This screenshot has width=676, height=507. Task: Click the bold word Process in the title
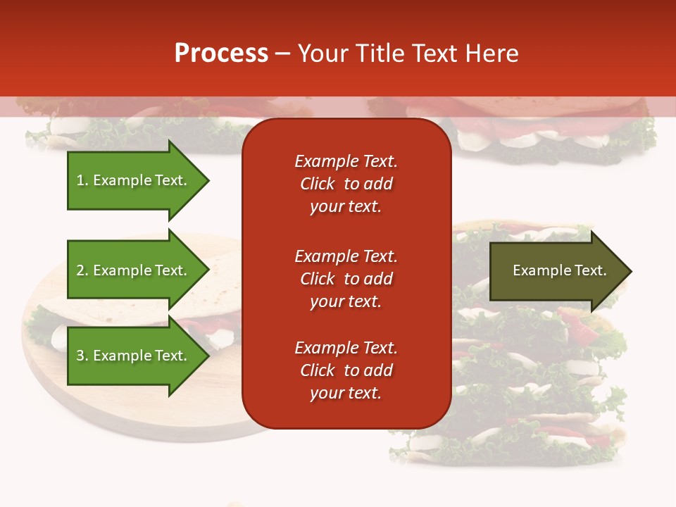pyautogui.click(x=221, y=54)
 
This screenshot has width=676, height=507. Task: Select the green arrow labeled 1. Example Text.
pyautogui.click(x=134, y=180)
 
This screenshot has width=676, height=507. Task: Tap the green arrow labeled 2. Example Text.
pyautogui.click(x=134, y=270)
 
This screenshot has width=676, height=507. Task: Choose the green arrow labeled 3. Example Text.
pyautogui.click(x=134, y=356)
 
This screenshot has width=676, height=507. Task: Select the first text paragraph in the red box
pyautogui.click(x=346, y=184)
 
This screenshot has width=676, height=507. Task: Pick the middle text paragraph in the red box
pyautogui.click(x=346, y=279)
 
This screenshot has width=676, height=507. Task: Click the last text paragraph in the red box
pyautogui.click(x=346, y=370)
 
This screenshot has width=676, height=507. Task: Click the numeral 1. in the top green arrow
pyautogui.click(x=82, y=180)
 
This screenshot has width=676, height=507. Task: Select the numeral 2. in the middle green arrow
pyautogui.click(x=82, y=270)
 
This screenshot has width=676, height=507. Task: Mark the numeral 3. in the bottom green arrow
pyautogui.click(x=82, y=356)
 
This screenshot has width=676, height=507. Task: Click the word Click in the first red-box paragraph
pyautogui.click(x=317, y=184)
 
